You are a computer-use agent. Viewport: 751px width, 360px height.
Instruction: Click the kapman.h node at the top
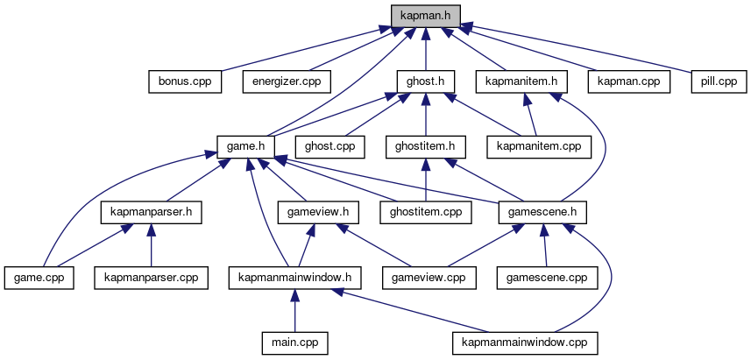[x=424, y=16]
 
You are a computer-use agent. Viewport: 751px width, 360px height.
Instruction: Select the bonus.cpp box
[x=184, y=81]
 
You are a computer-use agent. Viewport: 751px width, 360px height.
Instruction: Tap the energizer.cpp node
[x=287, y=81]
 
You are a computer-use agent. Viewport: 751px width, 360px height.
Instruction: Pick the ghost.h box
[x=425, y=81]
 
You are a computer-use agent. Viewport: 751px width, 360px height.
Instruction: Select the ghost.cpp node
[x=329, y=146]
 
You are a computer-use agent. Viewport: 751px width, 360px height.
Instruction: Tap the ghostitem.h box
[x=425, y=146]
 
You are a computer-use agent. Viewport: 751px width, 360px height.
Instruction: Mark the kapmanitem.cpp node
[x=539, y=146]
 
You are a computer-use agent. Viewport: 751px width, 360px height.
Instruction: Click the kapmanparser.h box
[x=152, y=212]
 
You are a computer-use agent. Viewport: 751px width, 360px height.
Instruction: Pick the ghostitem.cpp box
[x=425, y=212]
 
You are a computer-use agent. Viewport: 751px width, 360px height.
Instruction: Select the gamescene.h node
[x=542, y=212]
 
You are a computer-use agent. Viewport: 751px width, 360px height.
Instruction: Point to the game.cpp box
[x=39, y=278]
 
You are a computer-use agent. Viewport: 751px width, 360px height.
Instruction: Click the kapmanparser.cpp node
[x=152, y=278]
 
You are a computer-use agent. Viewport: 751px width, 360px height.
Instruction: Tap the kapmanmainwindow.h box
[x=295, y=278]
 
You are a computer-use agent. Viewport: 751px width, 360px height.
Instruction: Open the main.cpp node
[x=295, y=342]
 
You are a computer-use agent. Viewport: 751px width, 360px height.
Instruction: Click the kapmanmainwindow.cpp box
[x=525, y=342]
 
